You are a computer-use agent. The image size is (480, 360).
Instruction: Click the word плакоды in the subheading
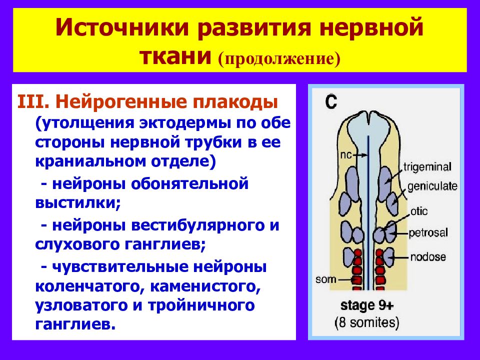coord(235,102)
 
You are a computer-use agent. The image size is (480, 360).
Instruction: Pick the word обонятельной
coord(190,184)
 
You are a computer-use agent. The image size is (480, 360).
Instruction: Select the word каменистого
coord(205,286)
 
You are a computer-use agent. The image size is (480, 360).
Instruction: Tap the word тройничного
coord(201,305)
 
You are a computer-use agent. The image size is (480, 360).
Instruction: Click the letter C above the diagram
coord(331,102)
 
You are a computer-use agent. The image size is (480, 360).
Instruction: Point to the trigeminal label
coord(427,167)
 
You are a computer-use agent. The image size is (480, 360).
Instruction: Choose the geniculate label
coord(432,186)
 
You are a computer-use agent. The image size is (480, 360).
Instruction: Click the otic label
coord(419,211)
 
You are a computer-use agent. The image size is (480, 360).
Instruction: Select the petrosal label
coord(428,233)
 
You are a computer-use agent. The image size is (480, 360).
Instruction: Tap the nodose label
coord(428,256)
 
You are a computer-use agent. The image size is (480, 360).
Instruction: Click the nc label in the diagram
coord(346,155)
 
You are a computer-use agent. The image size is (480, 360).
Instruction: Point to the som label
coord(325,279)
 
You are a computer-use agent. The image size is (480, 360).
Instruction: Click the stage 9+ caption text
coord(367,305)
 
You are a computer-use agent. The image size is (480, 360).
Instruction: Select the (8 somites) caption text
coord(366,322)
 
